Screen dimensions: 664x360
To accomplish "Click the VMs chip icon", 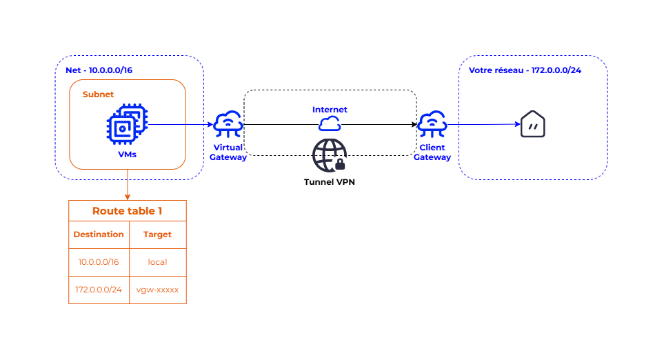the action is [x=127, y=124].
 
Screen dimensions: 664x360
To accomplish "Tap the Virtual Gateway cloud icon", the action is [x=228, y=124].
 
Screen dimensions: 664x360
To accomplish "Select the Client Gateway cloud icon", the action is [x=432, y=124].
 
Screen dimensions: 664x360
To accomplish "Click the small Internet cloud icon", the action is [x=330, y=124].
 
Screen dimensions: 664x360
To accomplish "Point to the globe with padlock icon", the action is [x=330, y=155].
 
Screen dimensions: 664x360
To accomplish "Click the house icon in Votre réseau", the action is [x=533, y=124].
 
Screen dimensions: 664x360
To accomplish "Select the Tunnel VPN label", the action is [x=330, y=182].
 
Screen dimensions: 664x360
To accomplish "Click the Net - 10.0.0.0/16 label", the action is [x=99, y=70].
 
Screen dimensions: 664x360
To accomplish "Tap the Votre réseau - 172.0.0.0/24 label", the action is [x=525, y=70].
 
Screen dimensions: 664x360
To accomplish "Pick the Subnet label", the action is [x=98, y=94].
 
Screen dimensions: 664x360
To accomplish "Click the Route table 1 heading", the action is [x=127, y=211].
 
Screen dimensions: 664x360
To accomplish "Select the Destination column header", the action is [x=99, y=234].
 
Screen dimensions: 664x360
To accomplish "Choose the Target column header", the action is [x=157, y=234].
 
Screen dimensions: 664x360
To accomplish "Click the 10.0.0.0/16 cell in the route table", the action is [x=99, y=262].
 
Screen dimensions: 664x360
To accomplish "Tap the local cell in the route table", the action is [x=157, y=262].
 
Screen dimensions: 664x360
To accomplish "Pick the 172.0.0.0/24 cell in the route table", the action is [x=99, y=290].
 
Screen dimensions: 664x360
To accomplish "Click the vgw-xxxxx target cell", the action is [x=157, y=290].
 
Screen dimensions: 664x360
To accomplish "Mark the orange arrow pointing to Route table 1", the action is [x=128, y=185].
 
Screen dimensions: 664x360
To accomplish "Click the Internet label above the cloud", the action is [x=330, y=110].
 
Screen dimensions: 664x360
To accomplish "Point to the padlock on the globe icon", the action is [x=340, y=164].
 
